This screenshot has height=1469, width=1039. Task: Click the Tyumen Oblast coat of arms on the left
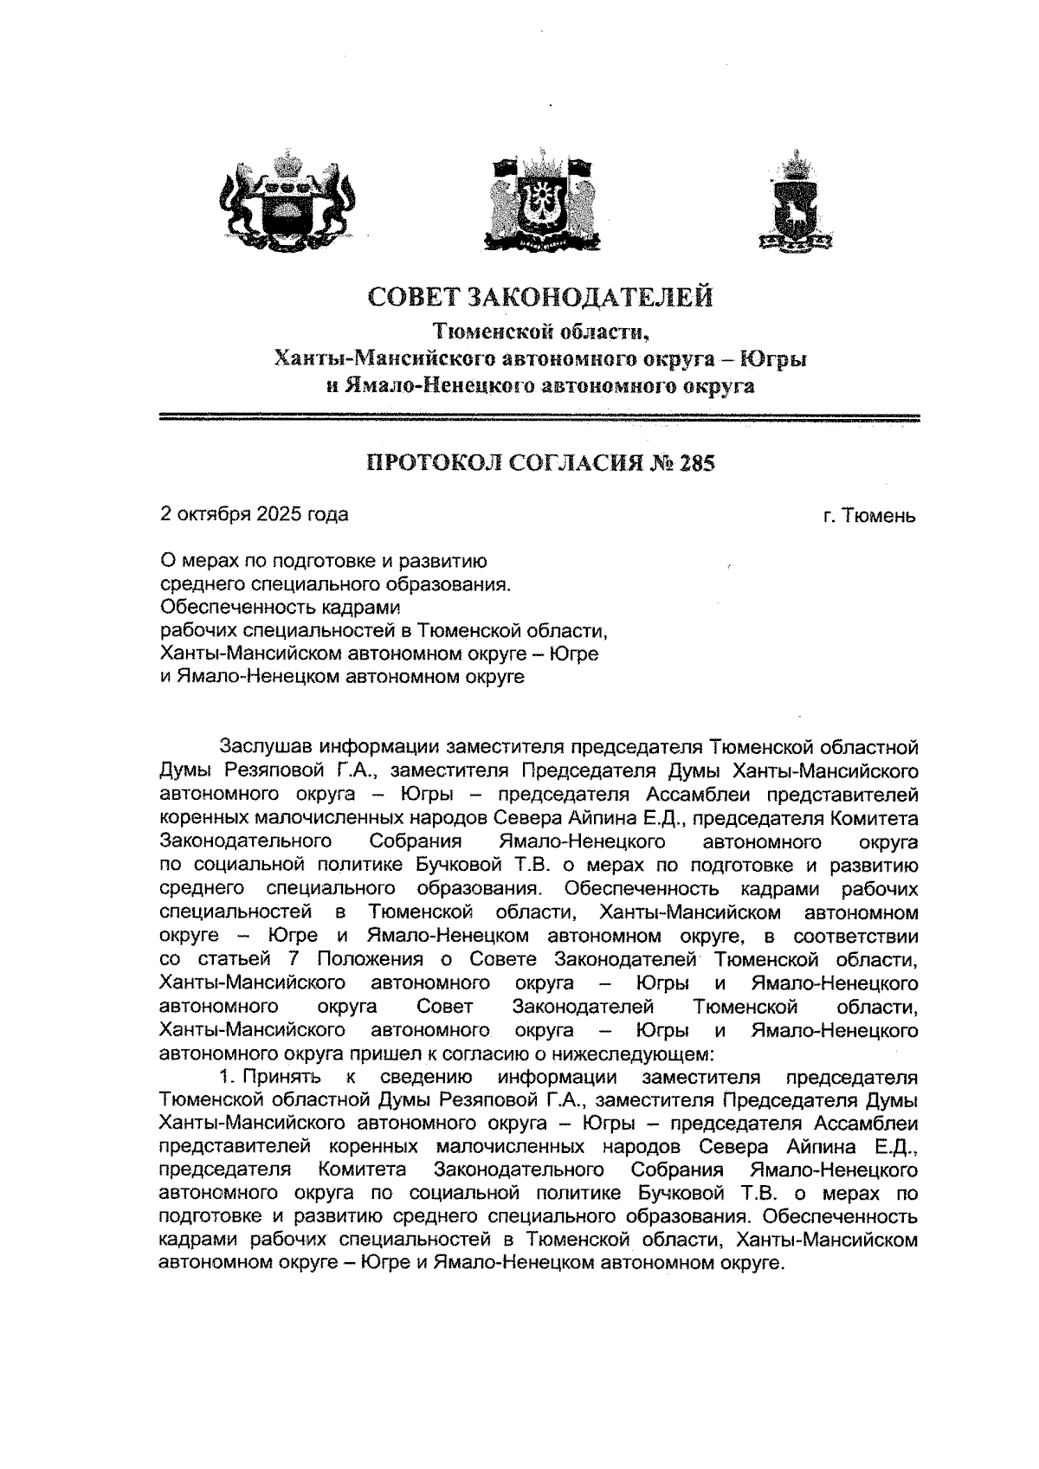(287, 196)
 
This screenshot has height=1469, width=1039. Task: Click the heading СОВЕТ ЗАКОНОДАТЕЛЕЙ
(541, 297)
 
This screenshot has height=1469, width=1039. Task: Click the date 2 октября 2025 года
(255, 514)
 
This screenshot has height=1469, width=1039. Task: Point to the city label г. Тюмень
(868, 517)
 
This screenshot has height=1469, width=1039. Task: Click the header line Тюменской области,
(540, 331)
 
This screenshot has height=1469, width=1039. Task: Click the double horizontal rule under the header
(540, 419)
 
